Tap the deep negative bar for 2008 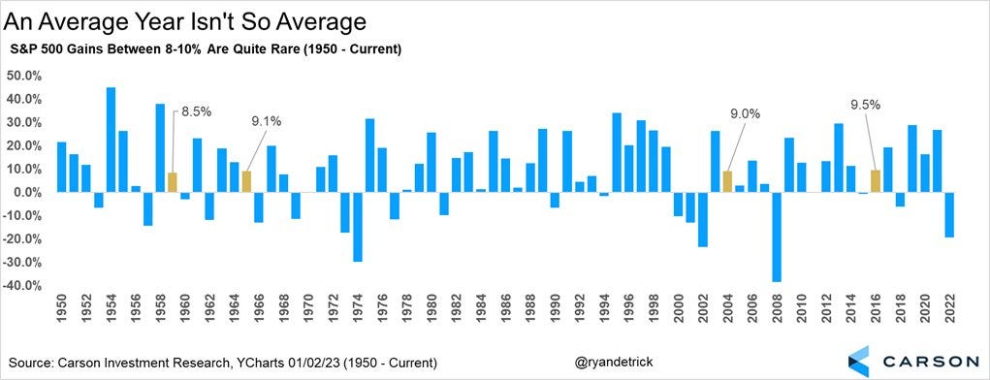coord(776,237)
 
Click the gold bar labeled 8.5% coord(172,182)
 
